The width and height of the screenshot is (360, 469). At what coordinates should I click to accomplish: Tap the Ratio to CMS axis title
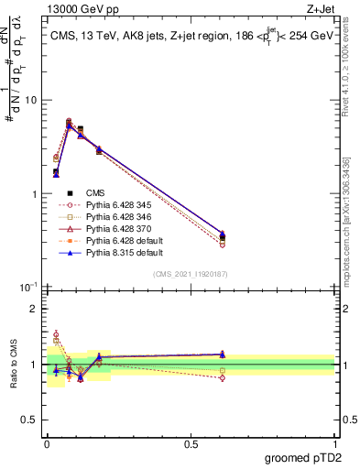12,364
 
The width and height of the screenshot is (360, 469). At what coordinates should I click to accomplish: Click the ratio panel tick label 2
37,309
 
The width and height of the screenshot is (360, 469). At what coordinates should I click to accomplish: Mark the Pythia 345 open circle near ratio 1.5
56,335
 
